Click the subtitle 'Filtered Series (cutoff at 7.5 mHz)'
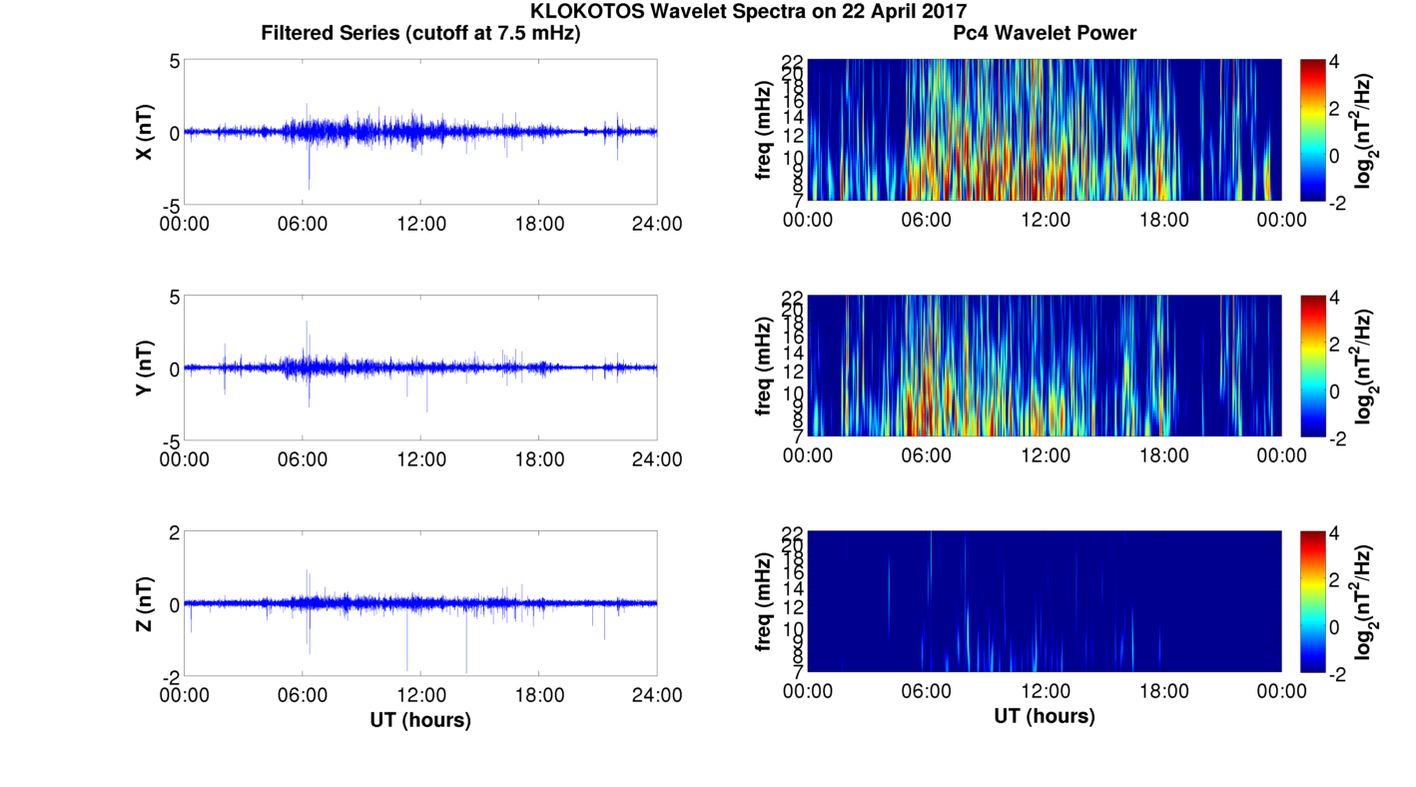pyautogui.click(x=420, y=33)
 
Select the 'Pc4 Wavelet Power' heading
pyautogui.click(x=1045, y=33)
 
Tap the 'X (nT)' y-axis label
pyautogui.click(x=145, y=132)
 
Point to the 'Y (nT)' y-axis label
pyautogui.click(x=145, y=368)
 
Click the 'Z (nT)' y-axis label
pyautogui.click(x=145, y=603)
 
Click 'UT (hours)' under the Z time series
pyautogui.click(x=420, y=719)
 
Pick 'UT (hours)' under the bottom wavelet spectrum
pyautogui.click(x=1045, y=715)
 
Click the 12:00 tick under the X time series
pyautogui.click(x=420, y=224)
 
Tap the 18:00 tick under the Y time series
pyautogui.click(x=539, y=459)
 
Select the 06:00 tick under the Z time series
pyautogui.click(x=303, y=695)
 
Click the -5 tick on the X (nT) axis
pyautogui.click(x=172, y=205)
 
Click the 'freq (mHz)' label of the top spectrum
pyautogui.click(x=764, y=132)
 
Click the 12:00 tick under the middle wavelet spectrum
pyautogui.click(x=1045, y=455)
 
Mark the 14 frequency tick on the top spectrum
pyautogui.click(x=793, y=117)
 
